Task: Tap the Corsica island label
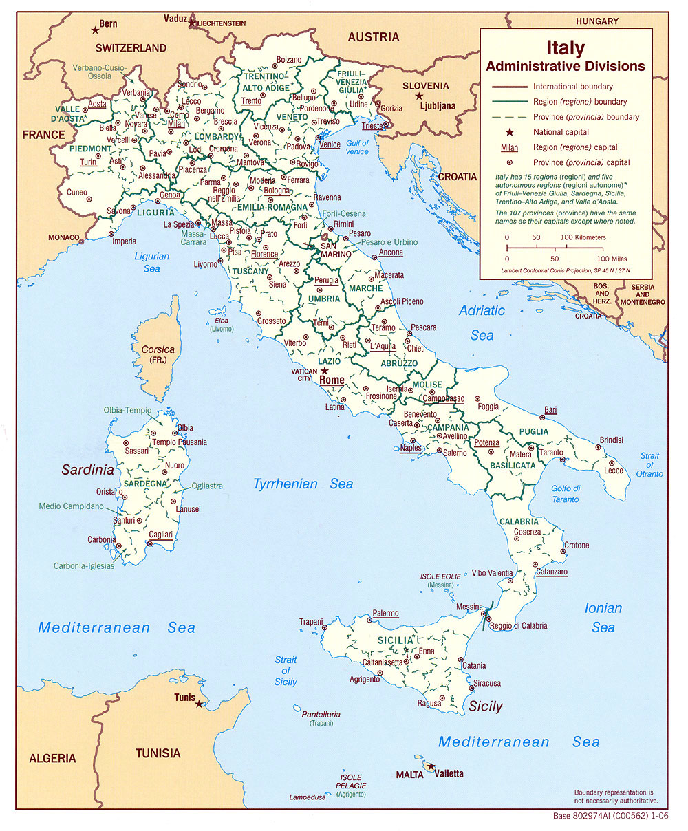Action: [x=158, y=349]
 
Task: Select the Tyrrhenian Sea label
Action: [x=303, y=484]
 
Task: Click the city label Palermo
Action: [x=385, y=613]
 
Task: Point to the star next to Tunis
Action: [x=200, y=704]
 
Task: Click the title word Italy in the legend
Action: [x=566, y=48]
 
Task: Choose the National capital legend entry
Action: [x=561, y=132]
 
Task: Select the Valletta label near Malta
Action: [x=448, y=773]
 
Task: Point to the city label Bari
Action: [x=550, y=410]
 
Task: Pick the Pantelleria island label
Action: [x=321, y=714]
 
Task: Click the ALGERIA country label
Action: [x=52, y=758]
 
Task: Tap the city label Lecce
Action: [x=614, y=471]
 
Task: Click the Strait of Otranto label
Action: [x=649, y=464]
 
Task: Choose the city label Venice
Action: [x=330, y=144]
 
